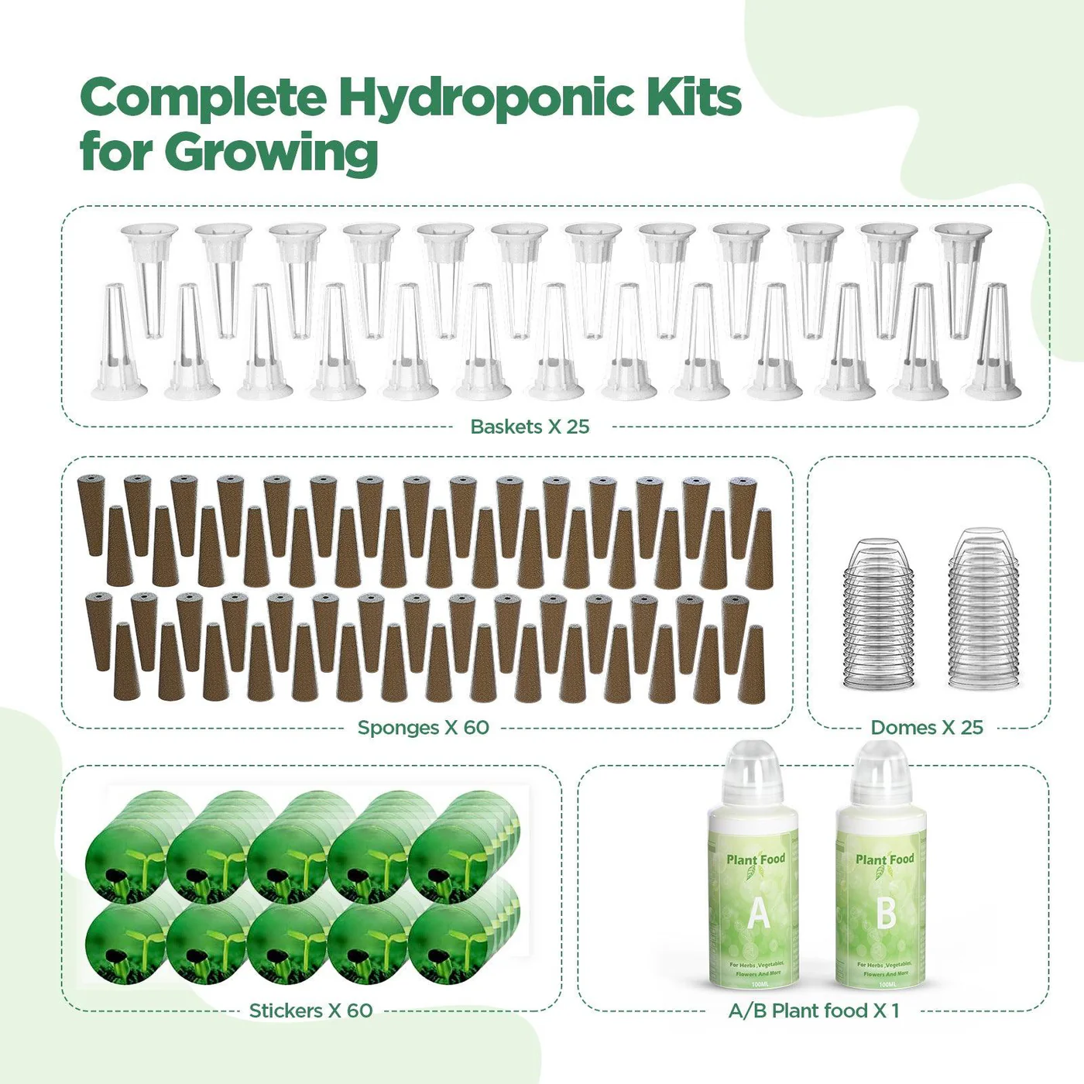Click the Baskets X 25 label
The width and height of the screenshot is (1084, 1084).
click(x=530, y=427)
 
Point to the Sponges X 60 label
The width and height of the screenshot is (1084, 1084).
click(x=423, y=728)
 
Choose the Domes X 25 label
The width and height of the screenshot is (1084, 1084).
click(x=927, y=728)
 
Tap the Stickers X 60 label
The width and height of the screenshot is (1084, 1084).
click(x=310, y=1010)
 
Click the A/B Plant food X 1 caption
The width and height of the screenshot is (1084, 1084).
click(x=814, y=1010)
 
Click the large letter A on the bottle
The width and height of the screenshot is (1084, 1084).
click(x=759, y=914)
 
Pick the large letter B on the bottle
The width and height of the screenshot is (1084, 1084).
click(x=886, y=914)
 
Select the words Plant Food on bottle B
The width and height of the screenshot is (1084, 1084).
click(x=884, y=859)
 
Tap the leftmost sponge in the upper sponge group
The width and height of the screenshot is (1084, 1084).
click(x=91, y=515)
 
